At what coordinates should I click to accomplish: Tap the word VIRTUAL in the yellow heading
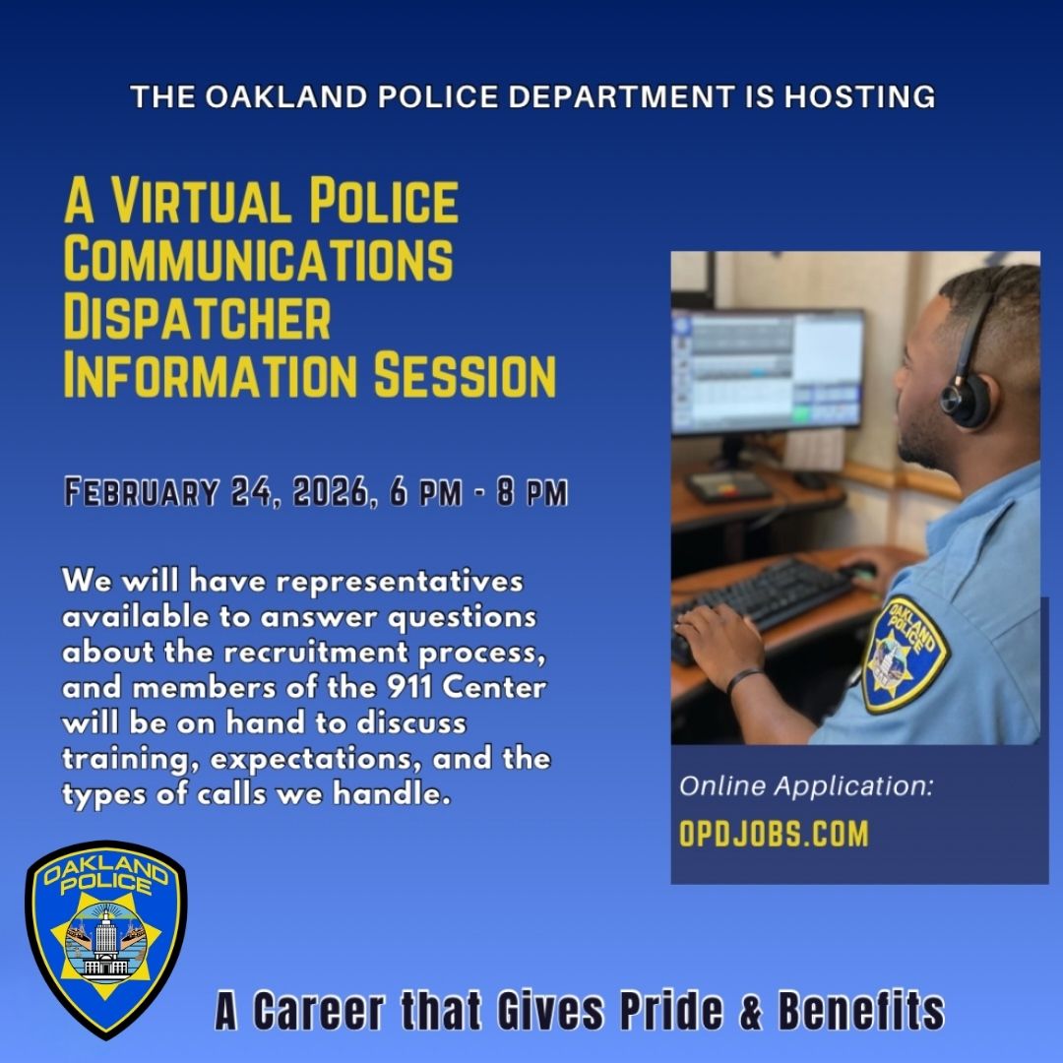pyautogui.click(x=203, y=201)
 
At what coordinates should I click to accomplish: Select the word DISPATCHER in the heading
pyautogui.click(x=197, y=319)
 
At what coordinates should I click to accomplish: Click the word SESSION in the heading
pyautogui.click(x=462, y=377)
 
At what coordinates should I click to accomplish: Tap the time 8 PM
pyautogui.click(x=532, y=491)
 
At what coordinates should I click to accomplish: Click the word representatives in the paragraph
pyautogui.click(x=399, y=581)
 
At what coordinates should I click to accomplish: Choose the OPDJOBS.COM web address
pyautogui.click(x=774, y=835)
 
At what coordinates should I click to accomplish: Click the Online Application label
pyautogui.click(x=805, y=786)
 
